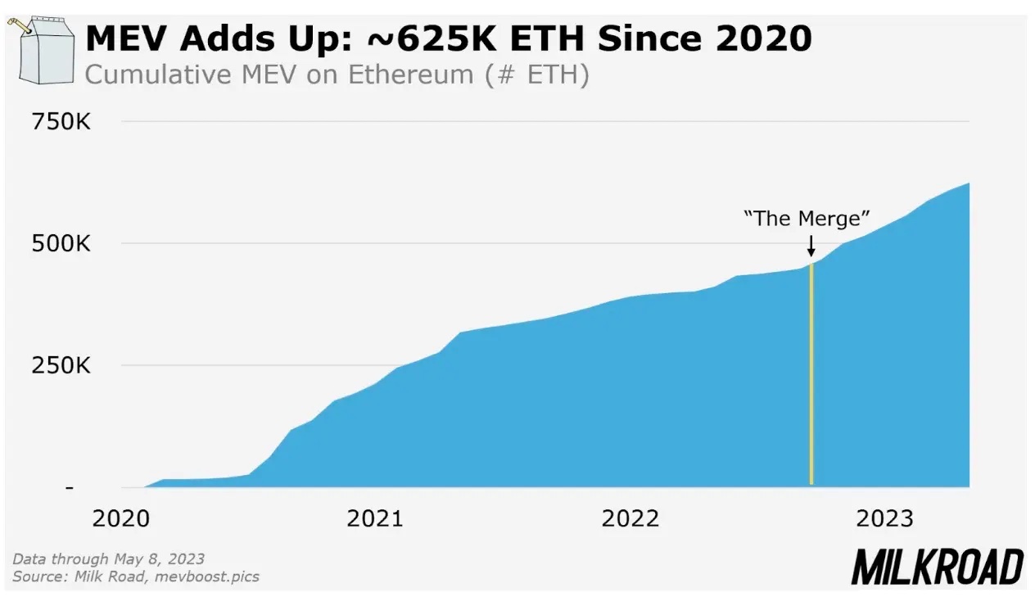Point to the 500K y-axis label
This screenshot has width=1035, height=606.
coord(61,244)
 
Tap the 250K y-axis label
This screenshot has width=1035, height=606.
coord(61,365)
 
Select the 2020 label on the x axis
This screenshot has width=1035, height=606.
coord(120,518)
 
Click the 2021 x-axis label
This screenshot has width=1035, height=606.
coord(375,518)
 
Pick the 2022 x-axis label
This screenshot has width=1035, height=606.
coord(630,518)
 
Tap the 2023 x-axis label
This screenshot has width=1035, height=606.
coord(884,518)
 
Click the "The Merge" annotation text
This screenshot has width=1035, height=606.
coord(807,219)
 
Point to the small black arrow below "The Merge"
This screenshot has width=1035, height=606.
coord(811,246)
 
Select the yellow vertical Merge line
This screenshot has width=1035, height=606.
coord(811,377)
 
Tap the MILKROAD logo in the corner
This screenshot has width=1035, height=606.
coord(937,567)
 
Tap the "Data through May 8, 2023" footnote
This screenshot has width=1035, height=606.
coord(108,559)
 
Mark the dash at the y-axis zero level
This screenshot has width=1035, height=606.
coord(69,487)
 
